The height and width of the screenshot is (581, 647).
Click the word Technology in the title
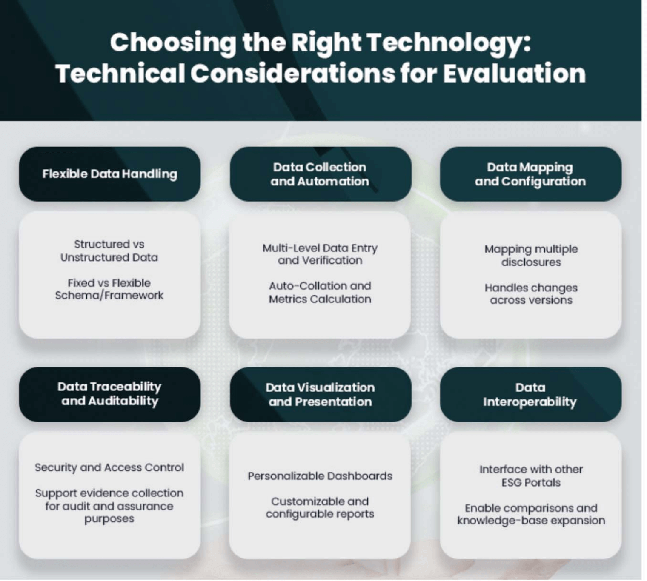(448, 43)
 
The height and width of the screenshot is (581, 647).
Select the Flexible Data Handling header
(109, 174)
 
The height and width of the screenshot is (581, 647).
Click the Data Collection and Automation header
(320, 174)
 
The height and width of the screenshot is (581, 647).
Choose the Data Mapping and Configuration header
(530, 174)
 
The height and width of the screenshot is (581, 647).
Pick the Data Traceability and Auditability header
(109, 394)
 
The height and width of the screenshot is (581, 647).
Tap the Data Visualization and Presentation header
(320, 394)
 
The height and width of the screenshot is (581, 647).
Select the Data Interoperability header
(530, 394)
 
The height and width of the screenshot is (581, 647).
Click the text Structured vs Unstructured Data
(109, 251)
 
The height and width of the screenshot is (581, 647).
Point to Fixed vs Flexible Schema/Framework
(109, 289)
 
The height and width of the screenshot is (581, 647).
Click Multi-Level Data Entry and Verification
(320, 254)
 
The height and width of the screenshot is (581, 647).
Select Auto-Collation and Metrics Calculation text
(320, 292)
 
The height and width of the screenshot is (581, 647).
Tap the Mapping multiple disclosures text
(531, 255)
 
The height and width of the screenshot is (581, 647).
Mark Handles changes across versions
(531, 293)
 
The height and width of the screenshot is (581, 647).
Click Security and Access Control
(109, 467)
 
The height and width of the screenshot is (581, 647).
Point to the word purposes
(109, 519)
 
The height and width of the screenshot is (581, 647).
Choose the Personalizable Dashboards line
(320, 476)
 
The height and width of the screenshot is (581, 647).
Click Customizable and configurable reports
(320, 507)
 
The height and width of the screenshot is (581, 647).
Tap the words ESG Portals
(531, 483)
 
